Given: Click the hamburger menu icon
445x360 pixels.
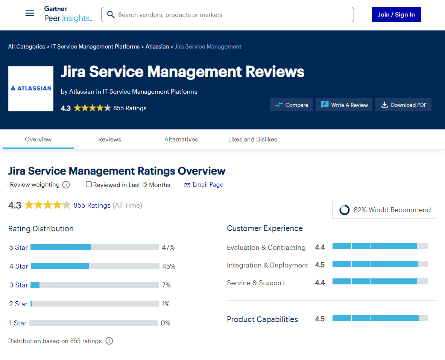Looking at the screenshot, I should point(30,14).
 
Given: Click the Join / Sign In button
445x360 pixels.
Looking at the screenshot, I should point(396,14).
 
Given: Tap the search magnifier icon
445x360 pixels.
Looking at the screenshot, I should point(111,15).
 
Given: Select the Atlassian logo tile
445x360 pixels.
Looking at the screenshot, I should point(31,89).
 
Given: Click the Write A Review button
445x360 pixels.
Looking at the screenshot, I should point(344,105).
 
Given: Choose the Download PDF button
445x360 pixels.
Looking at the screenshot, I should point(403,105).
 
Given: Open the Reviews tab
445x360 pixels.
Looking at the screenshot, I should point(109,139).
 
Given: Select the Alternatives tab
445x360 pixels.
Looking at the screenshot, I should point(181,139).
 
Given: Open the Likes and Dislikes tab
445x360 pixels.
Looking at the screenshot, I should point(252,139).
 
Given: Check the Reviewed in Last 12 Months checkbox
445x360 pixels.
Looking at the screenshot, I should point(89,184).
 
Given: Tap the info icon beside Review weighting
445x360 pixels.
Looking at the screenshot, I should point(66,185).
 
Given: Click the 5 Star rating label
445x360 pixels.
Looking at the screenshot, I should point(18,248).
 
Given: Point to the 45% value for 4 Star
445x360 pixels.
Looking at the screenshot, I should point(169,266).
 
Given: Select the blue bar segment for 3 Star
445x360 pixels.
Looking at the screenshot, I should point(35,285).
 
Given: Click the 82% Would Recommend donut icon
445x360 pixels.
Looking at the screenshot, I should point(344,210).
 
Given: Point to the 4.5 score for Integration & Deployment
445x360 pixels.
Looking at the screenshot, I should point(320,265).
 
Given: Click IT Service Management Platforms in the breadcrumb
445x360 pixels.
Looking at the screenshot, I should point(95,47).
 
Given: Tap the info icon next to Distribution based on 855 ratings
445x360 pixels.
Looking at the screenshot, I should point(109,341).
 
